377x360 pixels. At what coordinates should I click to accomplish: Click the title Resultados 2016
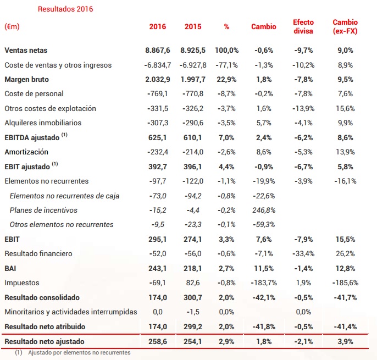point(65,9)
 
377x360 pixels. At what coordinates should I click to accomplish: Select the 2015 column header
point(193,26)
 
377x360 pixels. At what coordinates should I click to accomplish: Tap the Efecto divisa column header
point(303,26)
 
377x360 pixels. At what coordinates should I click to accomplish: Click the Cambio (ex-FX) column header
point(345,26)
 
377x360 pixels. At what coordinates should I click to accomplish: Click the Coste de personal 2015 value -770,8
point(193,94)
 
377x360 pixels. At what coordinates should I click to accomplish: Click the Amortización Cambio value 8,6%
point(264,152)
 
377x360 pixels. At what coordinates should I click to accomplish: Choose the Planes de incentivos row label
point(43,210)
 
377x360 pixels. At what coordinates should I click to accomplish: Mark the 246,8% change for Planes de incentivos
point(264,210)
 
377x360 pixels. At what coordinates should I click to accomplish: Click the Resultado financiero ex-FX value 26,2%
point(345,253)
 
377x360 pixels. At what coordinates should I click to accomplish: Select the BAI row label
point(11,268)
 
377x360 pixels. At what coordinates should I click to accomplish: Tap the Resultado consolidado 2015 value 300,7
point(193,297)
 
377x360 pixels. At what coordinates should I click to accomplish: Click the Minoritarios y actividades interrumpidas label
point(71,312)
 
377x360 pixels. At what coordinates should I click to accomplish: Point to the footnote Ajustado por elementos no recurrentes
point(80,352)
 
